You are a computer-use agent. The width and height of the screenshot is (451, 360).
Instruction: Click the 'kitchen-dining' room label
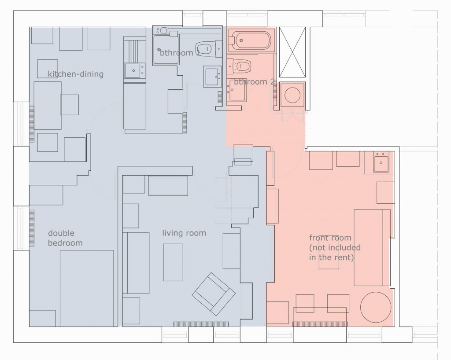(75, 74)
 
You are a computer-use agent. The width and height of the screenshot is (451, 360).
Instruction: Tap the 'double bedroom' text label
(65, 238)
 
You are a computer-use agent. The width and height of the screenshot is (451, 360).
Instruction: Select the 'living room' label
(184, 233)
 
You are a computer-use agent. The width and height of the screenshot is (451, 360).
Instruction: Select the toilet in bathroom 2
(240, 66)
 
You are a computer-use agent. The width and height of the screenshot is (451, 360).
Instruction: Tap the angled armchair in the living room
(214, 294)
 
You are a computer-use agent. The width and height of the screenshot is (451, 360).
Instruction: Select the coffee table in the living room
(173, 262)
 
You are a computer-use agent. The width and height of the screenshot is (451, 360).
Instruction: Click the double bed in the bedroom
(87, 288)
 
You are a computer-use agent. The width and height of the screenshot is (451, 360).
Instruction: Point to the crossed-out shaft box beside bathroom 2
(292, 52)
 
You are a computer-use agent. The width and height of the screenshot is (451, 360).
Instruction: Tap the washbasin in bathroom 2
(237, 91)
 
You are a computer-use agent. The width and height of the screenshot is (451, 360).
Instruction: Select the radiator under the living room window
(200, 324)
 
